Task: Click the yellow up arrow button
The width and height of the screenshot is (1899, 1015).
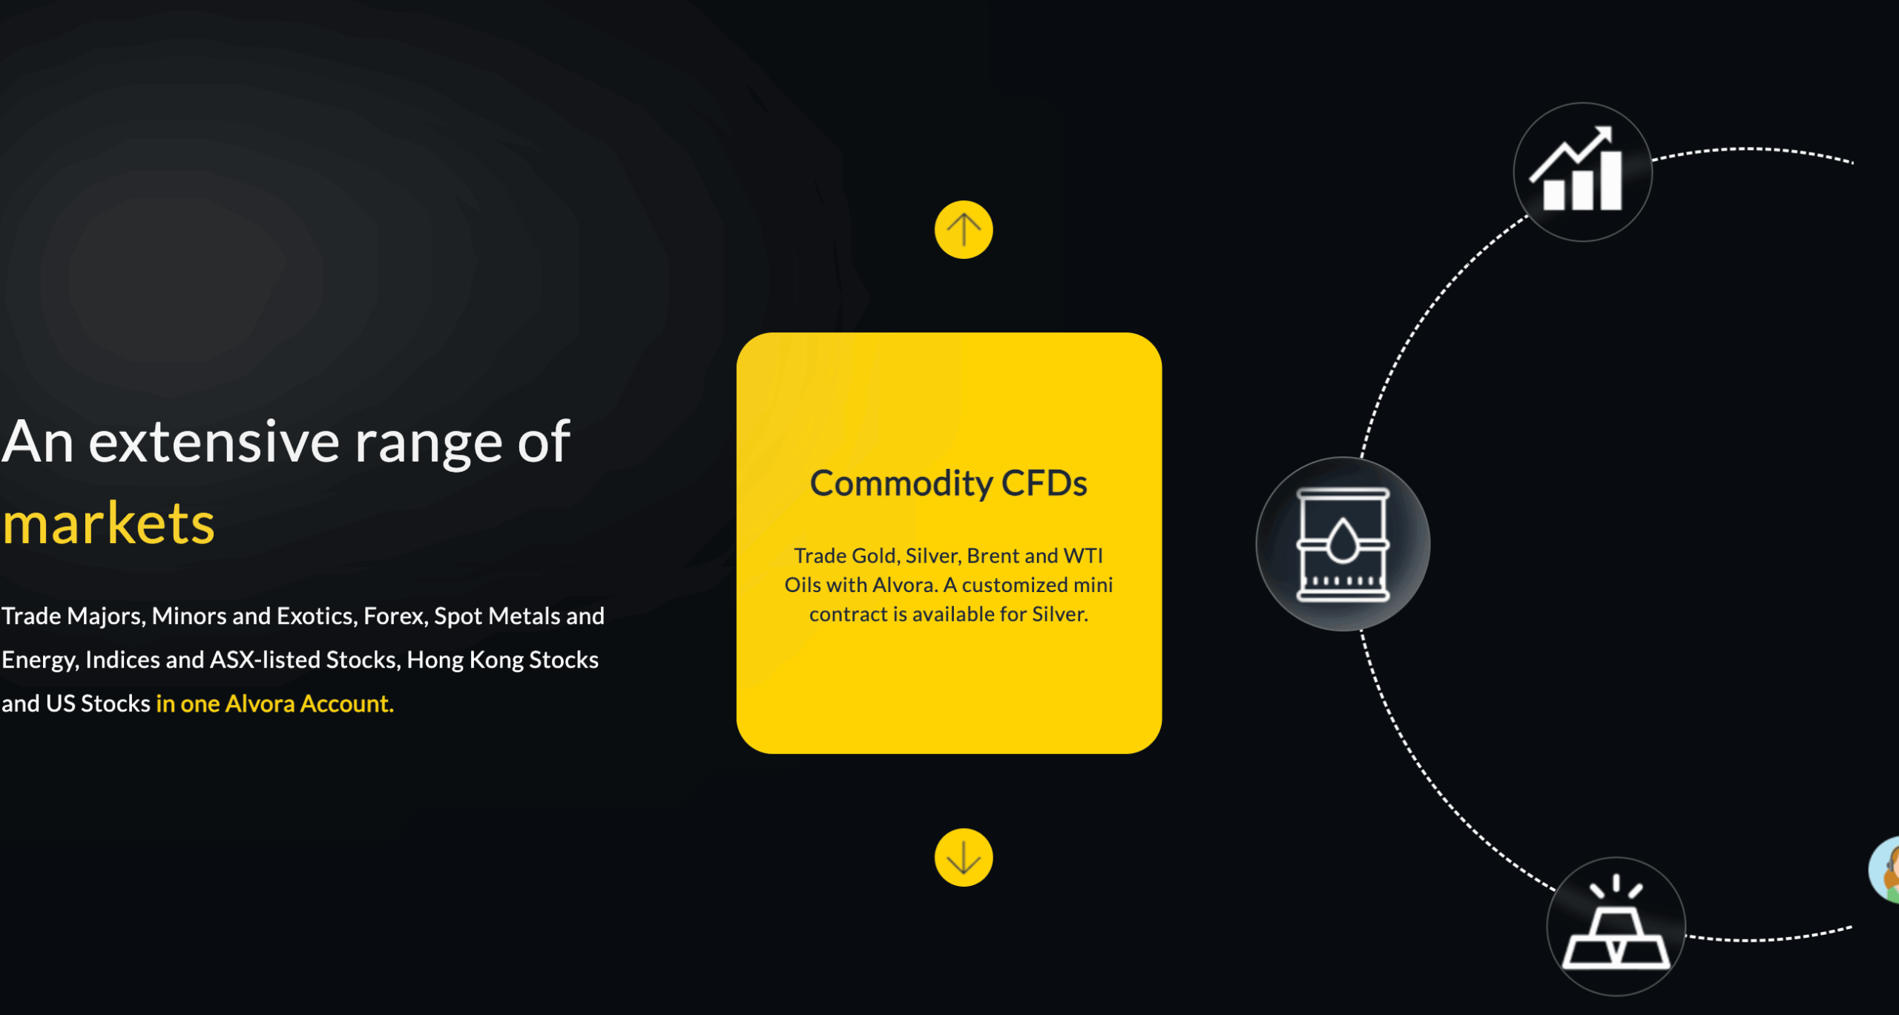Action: pyautogui.click(x=964, y=230)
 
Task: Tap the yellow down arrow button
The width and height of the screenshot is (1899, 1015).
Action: pyautogui.click(x=964, y=857)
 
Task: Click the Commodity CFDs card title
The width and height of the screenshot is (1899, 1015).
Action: pyautogui.click(x=949, y=484)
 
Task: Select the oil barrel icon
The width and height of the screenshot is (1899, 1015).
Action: pyautogui.click(x=1343, y=544)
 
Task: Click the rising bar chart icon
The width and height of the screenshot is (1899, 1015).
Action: pyautogui.click(x=1582, y=172)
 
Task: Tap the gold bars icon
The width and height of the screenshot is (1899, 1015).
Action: pyautogui.click(x=1616, y=926)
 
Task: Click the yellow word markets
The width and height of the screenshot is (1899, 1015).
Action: pyautogui.click(x=108, y=523)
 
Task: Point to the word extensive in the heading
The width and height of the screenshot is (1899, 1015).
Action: pyautogui.click(x=214, y=442)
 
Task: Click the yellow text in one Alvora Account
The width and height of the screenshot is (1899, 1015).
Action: pyautogui.click(x=274, y=703)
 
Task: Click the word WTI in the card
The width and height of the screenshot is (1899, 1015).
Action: pyautogui.click(x=1084, y=556)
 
